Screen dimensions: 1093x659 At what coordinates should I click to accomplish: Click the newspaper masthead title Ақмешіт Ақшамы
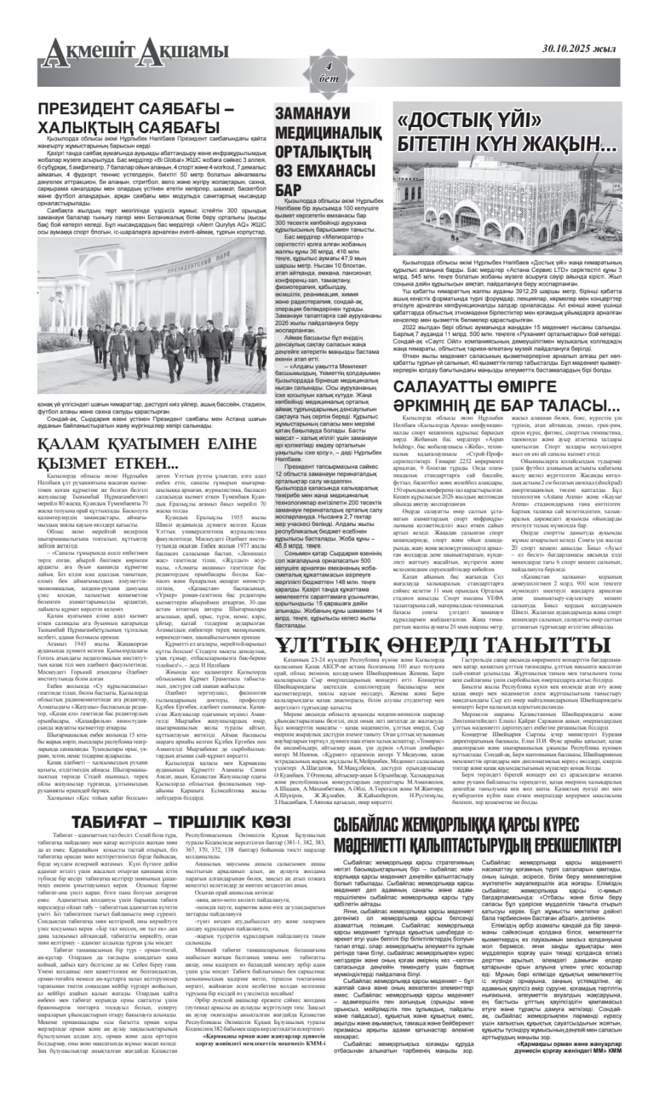pyautogui.click(x=133, y=52)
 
